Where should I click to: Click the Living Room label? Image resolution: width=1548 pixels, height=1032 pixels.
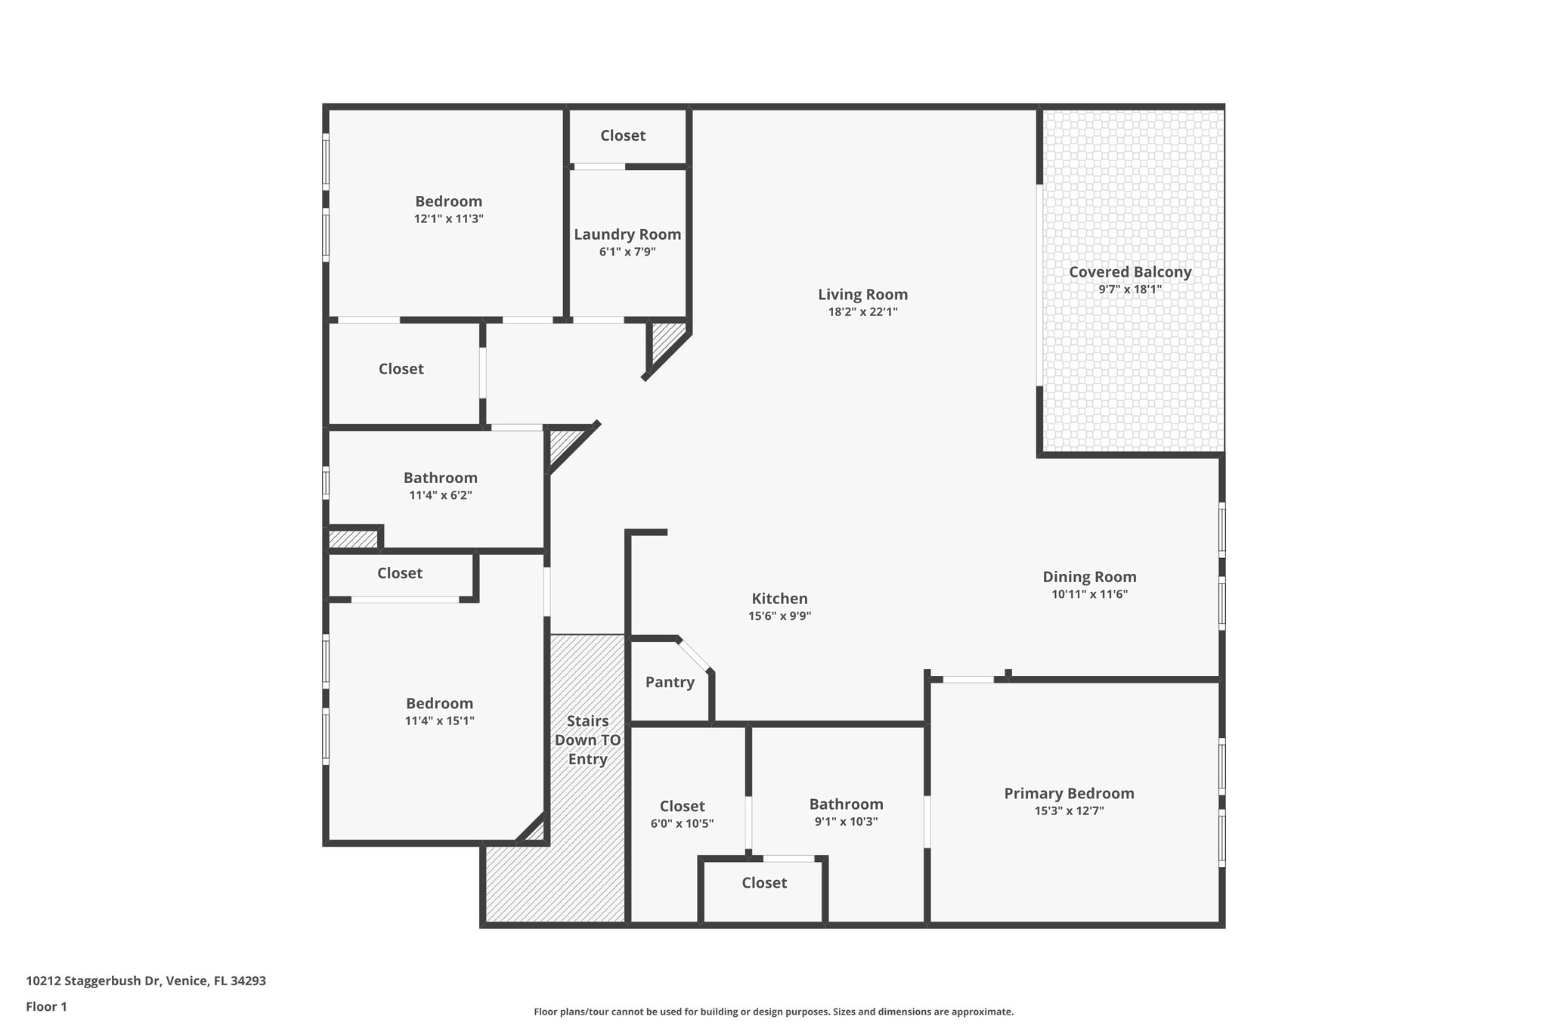[862, 295]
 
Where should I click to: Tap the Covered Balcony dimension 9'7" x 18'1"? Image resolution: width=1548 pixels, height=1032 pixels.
[1130, 290]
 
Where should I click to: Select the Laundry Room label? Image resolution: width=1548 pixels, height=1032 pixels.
[627, 234]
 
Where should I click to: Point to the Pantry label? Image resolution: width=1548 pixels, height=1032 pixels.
[670, 682]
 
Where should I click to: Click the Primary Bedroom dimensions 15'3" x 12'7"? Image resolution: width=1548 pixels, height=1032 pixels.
[1069, 811]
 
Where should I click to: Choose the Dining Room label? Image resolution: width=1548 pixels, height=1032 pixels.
[1089, 577]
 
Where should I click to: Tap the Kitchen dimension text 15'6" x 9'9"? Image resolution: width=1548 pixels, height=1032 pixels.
[779, 616]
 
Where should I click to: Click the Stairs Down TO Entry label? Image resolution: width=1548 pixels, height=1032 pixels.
[588, 739]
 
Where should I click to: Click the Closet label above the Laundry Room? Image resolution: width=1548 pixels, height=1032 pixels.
[623, 135]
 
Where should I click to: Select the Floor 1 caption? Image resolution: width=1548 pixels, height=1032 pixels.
[46, 1006]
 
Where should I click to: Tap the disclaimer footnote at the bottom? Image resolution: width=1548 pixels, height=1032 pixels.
[773, 1012]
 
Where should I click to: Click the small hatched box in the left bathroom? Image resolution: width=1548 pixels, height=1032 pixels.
[352, 539]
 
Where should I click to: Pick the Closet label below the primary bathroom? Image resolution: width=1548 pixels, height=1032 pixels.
[764, 883]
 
